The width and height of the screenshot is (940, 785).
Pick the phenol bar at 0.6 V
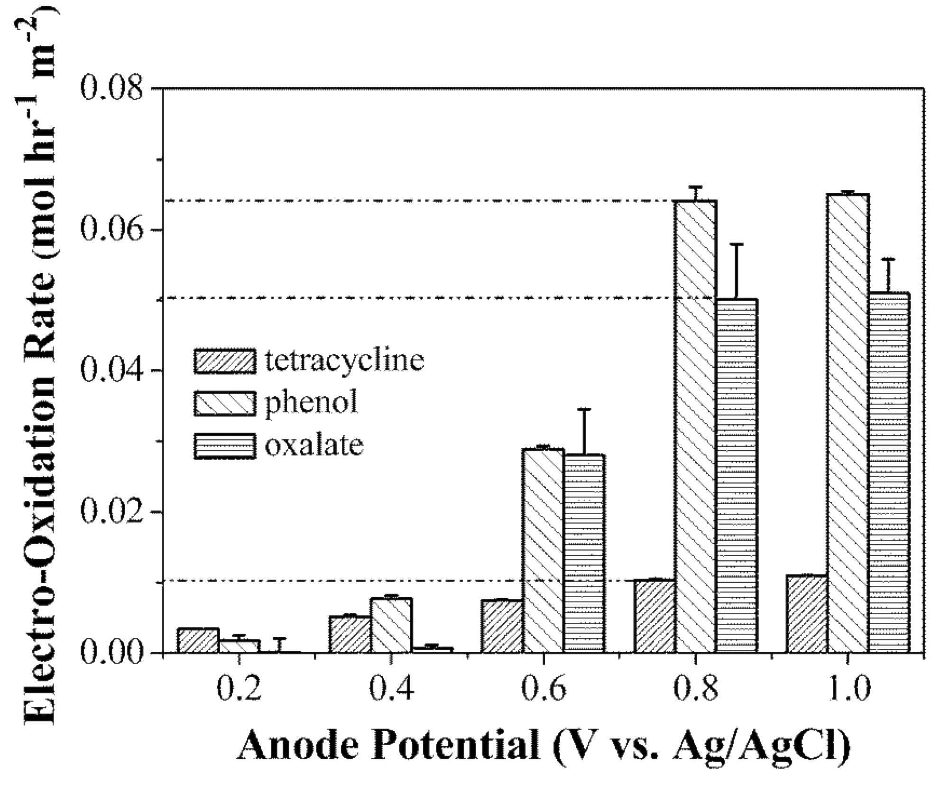pyautogui.click(x=544, y=550)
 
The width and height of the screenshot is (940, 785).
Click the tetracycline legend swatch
pyautogui.click(x=225, y=361)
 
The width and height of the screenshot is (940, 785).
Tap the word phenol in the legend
pyautogui.click(x=311, y=403)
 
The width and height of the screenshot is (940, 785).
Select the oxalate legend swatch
pyautogui.click(x=225, y=446)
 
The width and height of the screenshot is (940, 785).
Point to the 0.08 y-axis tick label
pyautogui.click(x=111, y=89)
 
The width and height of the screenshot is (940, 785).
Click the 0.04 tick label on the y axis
pyautogui.click(x=111, y=370)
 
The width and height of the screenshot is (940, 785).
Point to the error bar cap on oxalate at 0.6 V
pyautogui.click(x=584, y=409)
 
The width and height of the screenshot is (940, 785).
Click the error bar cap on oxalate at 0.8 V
pyautogui.click(x=737, y=244)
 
